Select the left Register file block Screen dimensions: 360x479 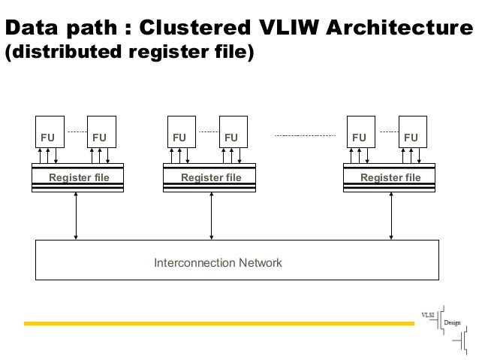pyautogui.click(x=77, y=177)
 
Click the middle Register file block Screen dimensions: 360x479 pyautogui.click(x=210, y=177)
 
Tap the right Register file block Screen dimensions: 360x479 pyautogui.click(x=390, y=177)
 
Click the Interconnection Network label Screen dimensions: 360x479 pyautogui.click(x=218, y=263)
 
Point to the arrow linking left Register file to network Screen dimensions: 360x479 pyautogui.click(x=76, y=216)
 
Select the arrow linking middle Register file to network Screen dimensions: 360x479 pyautogui.click(x=211, y=216)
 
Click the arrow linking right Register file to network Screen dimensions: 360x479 pyautogui.click(x=390, y=216)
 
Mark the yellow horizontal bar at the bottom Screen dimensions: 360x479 pyautogui.click(x=218, y=324)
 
